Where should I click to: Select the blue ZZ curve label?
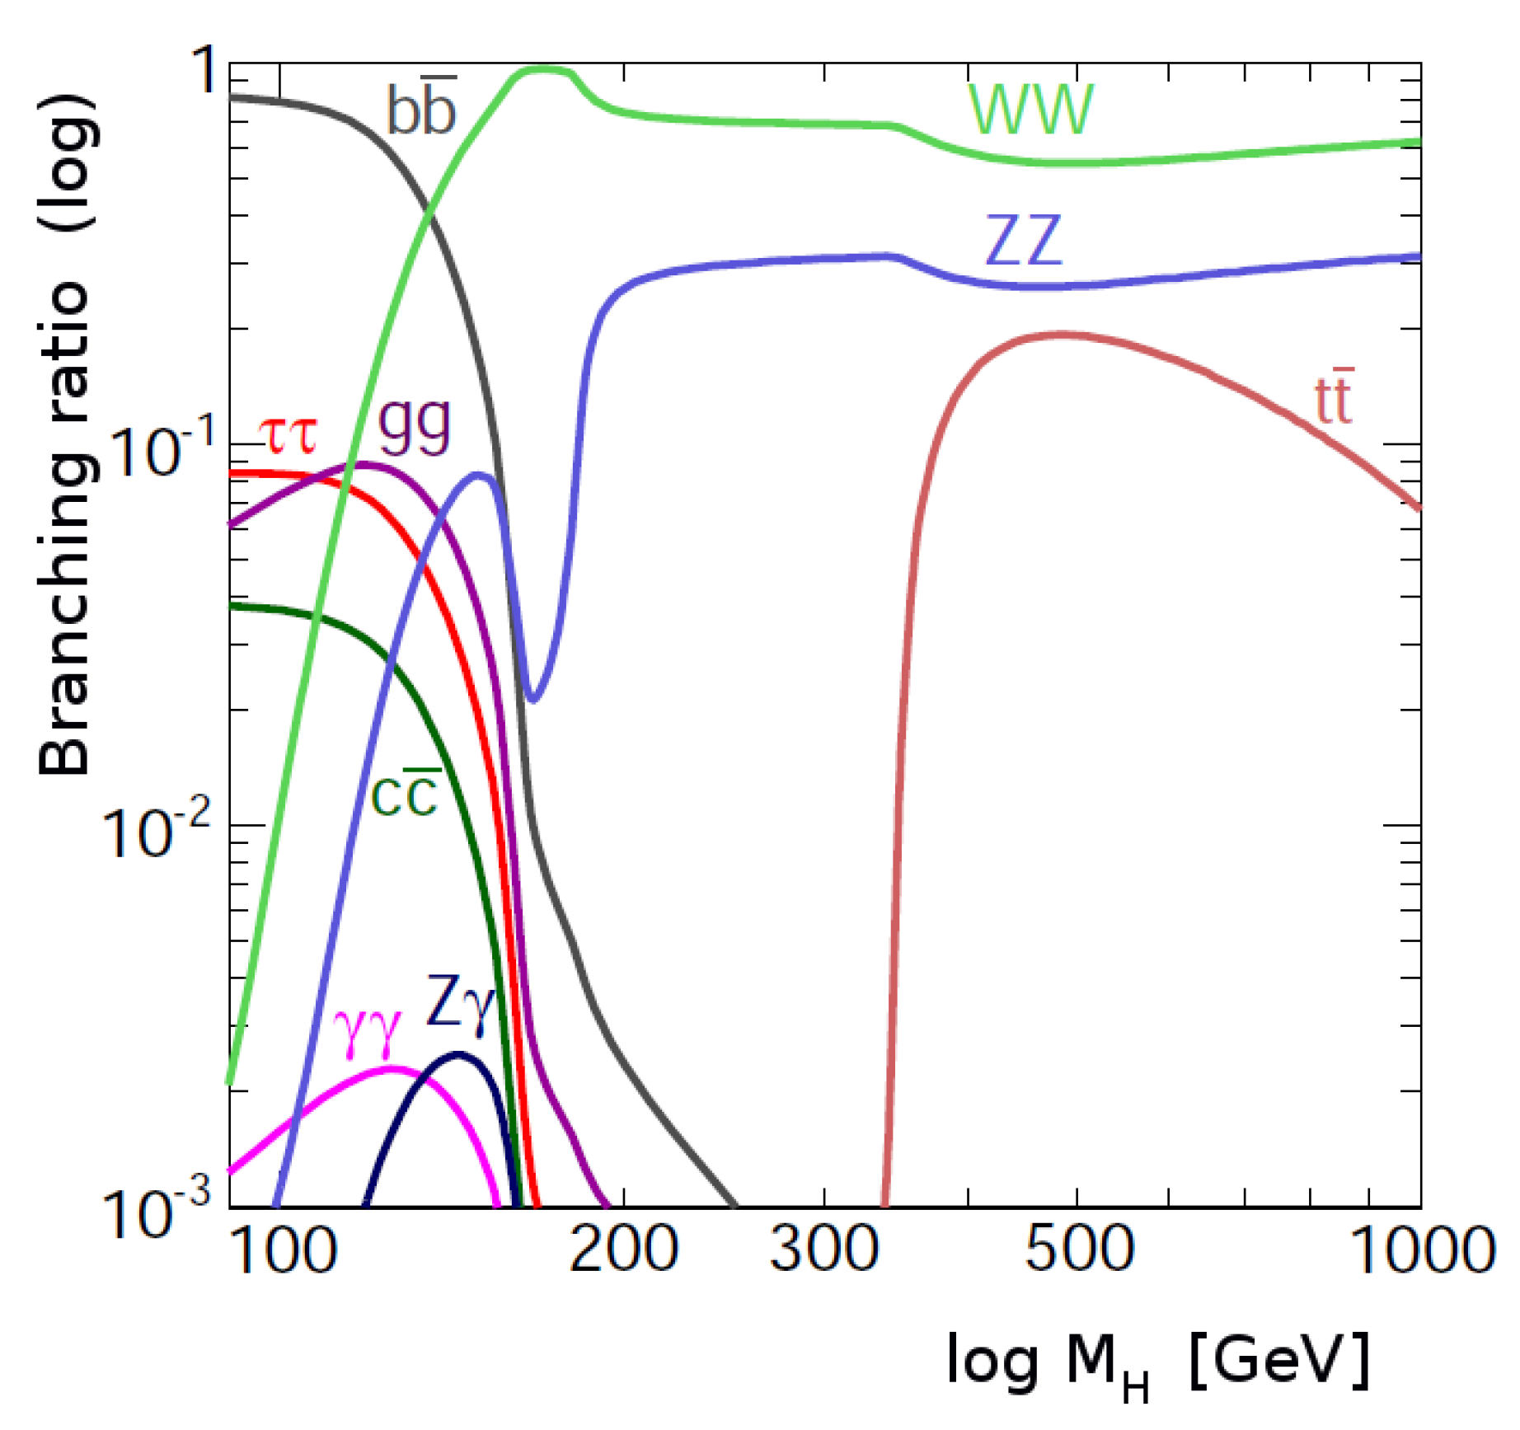(x=1024, y=241)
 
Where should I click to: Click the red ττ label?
(x=287, y=435)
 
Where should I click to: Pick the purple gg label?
(x=415, y=424)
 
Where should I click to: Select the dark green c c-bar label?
(x=405, y=794)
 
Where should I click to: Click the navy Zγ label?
(x=459, y=1002)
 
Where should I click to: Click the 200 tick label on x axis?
(x=624, y=1249)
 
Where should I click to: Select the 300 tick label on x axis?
(x=823, y=1249)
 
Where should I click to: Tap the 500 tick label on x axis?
(x=1078, y=1249)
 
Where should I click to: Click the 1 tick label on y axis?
(x=203, y=71)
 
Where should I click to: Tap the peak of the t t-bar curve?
(x=1063, y=335)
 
